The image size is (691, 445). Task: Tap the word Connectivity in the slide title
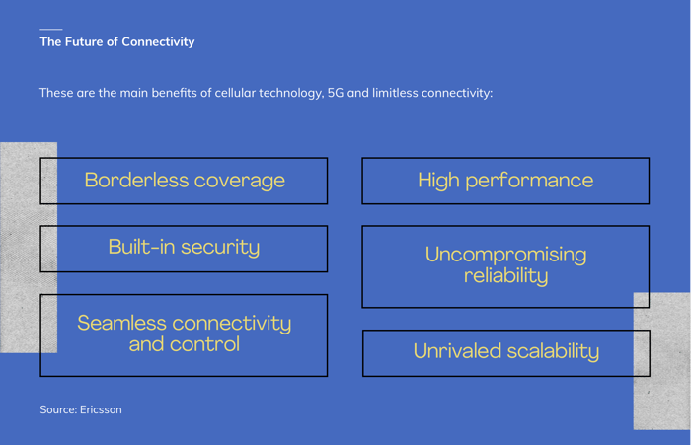click(x=158, y=42)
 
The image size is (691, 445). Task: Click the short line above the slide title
click(x=51, y=29)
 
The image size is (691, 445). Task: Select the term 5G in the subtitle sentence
click(x=336, y=93)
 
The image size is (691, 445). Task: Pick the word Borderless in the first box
click(x=136, y=181)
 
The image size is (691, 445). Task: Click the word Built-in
click(x=141, y=247)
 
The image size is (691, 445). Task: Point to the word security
click(x=220, y=248)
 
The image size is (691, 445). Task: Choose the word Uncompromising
click(x=505, y=256)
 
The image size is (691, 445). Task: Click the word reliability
click(x=505, y=276)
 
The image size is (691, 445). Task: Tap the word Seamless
click(x=121, y=323)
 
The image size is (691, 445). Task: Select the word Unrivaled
click(x=457, y=351)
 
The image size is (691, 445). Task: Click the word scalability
click(x=553, y=352)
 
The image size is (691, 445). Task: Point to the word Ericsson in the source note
click(x=101, y=409)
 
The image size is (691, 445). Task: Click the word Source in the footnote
click(x=58, y=409)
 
